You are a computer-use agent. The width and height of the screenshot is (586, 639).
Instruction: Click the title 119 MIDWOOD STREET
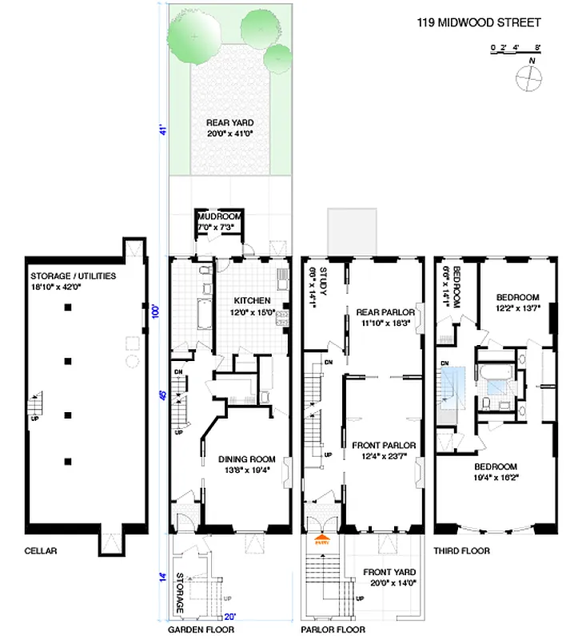[x=478, y=23]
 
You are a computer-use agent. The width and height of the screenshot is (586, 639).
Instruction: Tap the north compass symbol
[x=528, y=77]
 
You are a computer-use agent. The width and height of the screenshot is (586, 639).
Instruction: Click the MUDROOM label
[x=220, y=216]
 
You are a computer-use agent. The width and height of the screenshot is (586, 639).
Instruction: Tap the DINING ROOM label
[x=246, y=459]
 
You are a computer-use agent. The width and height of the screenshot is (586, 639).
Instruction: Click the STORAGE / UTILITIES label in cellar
[x=73, y=276]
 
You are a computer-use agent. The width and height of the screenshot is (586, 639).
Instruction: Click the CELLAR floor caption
[x=41, y=551]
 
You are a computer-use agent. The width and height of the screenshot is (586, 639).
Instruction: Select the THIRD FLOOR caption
[x=462, y=551]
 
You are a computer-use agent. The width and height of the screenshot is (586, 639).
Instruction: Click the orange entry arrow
[x=323, y=539]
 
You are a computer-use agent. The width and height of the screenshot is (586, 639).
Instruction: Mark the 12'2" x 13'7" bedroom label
[x=516, y=296]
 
